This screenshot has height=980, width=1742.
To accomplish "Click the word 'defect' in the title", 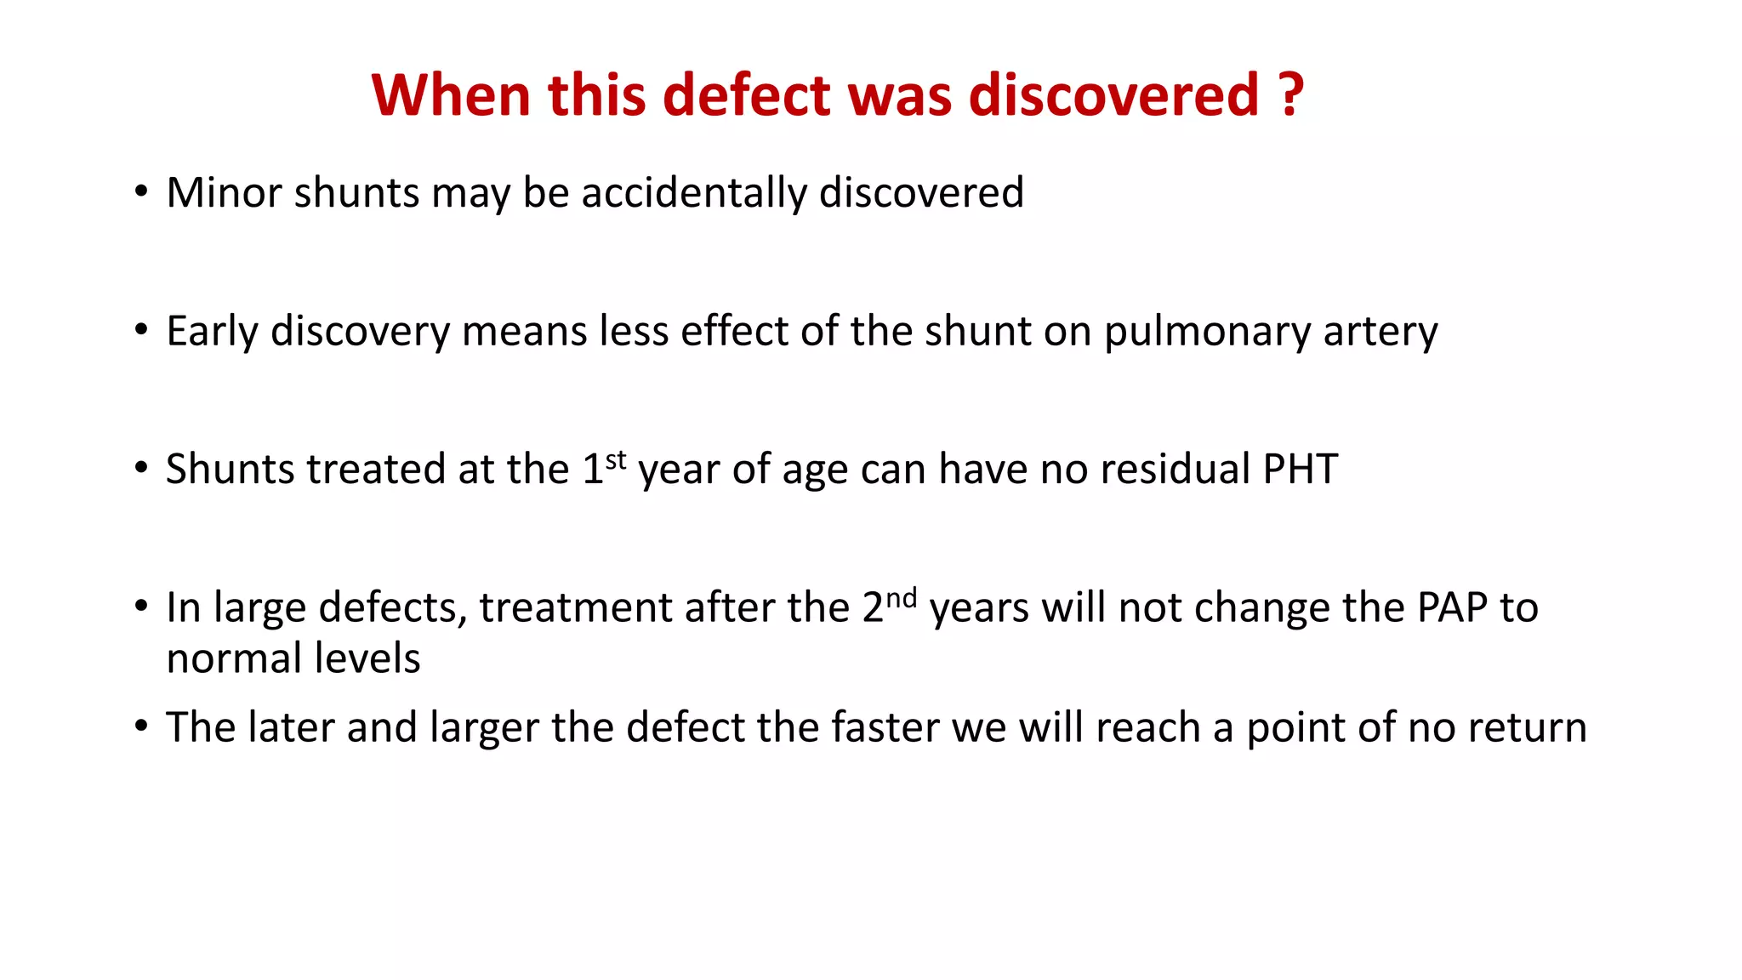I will tap(746, 94).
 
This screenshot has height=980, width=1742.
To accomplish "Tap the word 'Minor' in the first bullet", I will tap(224, 192).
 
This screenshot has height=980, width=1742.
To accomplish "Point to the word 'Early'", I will tap(212, 332).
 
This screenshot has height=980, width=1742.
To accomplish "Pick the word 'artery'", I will tap(1381, 332).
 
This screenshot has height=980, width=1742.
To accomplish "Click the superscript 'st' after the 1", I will tap(616, 460).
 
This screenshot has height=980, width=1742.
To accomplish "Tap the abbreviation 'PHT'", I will tap(1301, 469).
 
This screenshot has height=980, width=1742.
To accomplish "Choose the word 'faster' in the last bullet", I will tap(885, 727).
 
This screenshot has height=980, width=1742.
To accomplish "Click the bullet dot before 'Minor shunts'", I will tap(141, 192).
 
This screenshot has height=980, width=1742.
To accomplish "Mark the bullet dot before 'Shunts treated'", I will tap(141, 469).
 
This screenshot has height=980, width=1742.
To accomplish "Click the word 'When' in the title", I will tap(452, 94).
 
